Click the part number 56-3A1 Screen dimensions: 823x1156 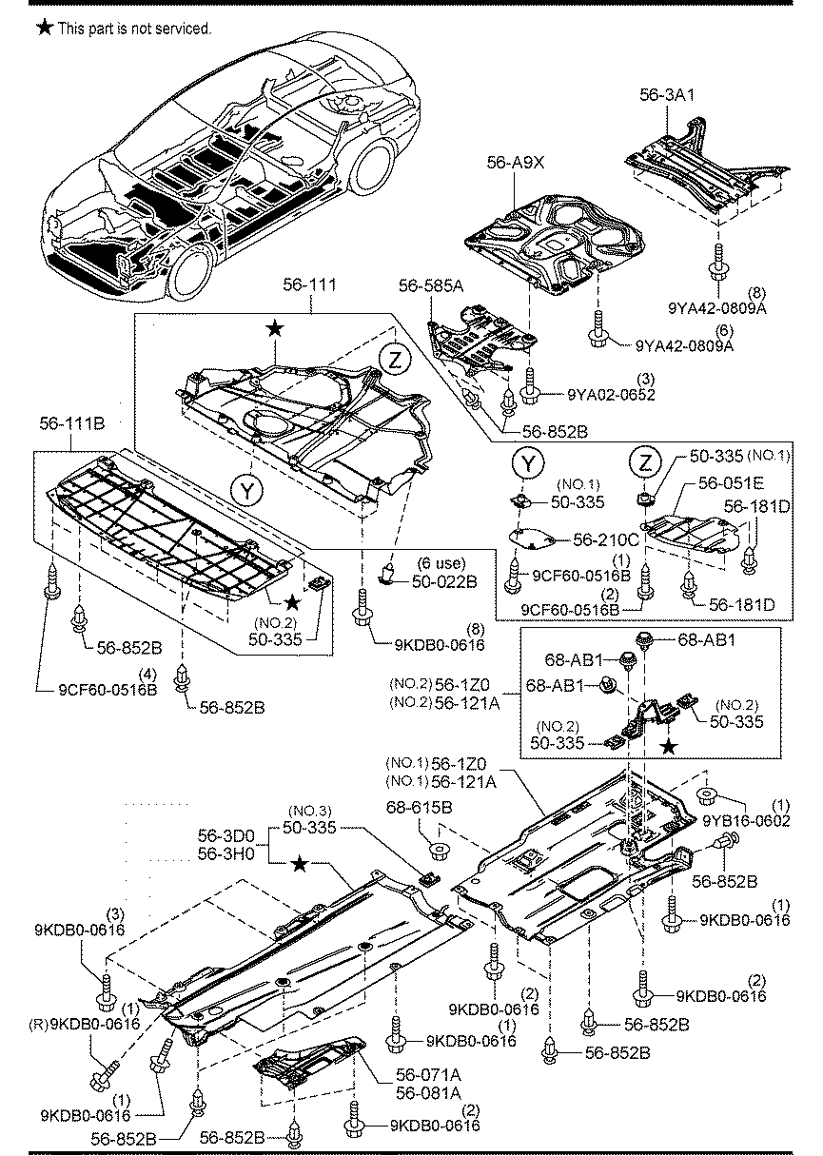[667, 94]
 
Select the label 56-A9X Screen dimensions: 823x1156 [516, 163]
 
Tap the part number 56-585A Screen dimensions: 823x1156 [431, 285]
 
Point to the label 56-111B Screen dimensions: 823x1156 [72, 423]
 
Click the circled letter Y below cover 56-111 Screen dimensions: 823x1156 [247, 491]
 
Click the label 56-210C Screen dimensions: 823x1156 [606, 539]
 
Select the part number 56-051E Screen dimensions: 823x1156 [731, 483]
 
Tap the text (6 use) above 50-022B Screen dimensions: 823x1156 [441, 562]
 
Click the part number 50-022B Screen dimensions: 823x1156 [444, 581]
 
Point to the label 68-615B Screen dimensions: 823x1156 [419, 807]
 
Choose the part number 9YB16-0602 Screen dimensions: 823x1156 [746, 820]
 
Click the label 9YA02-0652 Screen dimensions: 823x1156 [612, 395]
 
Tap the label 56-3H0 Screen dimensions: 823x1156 [226, 853]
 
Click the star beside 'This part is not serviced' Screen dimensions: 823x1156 [45, 28]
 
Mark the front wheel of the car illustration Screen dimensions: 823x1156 [191, 271]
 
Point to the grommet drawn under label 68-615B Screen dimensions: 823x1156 [439, 849]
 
